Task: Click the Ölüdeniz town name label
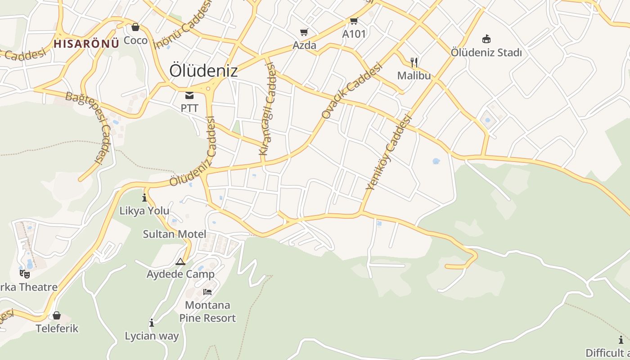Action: (x=203, y=71)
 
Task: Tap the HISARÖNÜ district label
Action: (x=86, y=44)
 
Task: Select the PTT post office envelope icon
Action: (x=189, y=95)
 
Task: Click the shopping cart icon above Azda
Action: (x=304, y=32)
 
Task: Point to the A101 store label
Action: (x=354, y=34)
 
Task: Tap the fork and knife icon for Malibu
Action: (x=414, y=62)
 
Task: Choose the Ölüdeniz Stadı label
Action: (x=486, y=53)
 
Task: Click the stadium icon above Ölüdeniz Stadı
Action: (x=486, y=39)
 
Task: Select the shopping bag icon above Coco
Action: (x=135, y=27)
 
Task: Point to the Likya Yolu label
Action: (x=144, y=211)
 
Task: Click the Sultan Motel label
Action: (x=175, y=234)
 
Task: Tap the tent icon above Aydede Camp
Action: (x=180, y=261)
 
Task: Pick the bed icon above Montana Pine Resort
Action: (x=207, y=292)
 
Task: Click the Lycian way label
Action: (x=152, y=336)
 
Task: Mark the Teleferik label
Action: (x=57, y=328)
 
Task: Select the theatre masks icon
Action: (x=25, y=273)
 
